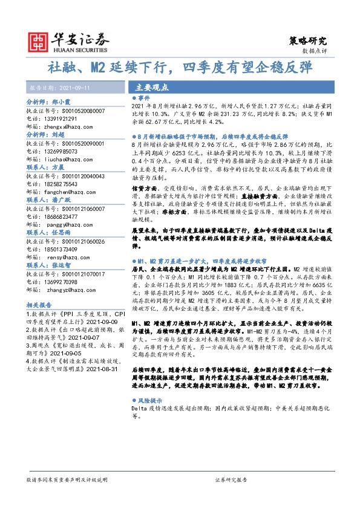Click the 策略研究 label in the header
[x=309, y=41]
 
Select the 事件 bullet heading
[x=144, y=97]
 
